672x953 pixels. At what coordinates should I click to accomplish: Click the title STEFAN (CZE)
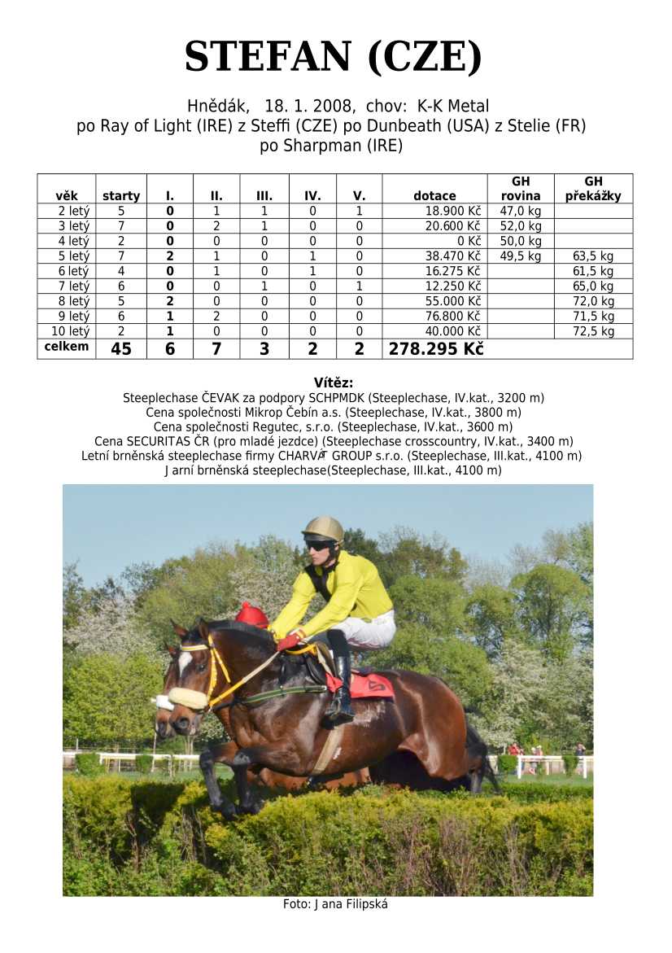coord(334,58)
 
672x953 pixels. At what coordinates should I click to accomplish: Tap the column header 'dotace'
coord(434,196)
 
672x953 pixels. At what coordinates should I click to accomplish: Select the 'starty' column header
coord(121,196)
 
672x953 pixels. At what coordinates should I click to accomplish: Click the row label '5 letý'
coord(67,256)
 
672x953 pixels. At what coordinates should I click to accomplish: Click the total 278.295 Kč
coord(436,349)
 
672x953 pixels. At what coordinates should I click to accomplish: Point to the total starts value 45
coord(121,349)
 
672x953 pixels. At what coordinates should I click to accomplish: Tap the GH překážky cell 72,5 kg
coord(593,331)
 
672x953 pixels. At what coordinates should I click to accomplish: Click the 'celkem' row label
coord(67,348)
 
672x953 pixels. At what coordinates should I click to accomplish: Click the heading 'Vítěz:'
coord(334,383)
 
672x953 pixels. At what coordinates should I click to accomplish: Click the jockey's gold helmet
coord(323,528)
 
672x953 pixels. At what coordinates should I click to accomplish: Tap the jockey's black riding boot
coord(340,684)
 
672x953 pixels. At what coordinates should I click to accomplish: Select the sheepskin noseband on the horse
coord(186,699)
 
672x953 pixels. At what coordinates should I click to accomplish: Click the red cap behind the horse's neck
coord(251,614)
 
